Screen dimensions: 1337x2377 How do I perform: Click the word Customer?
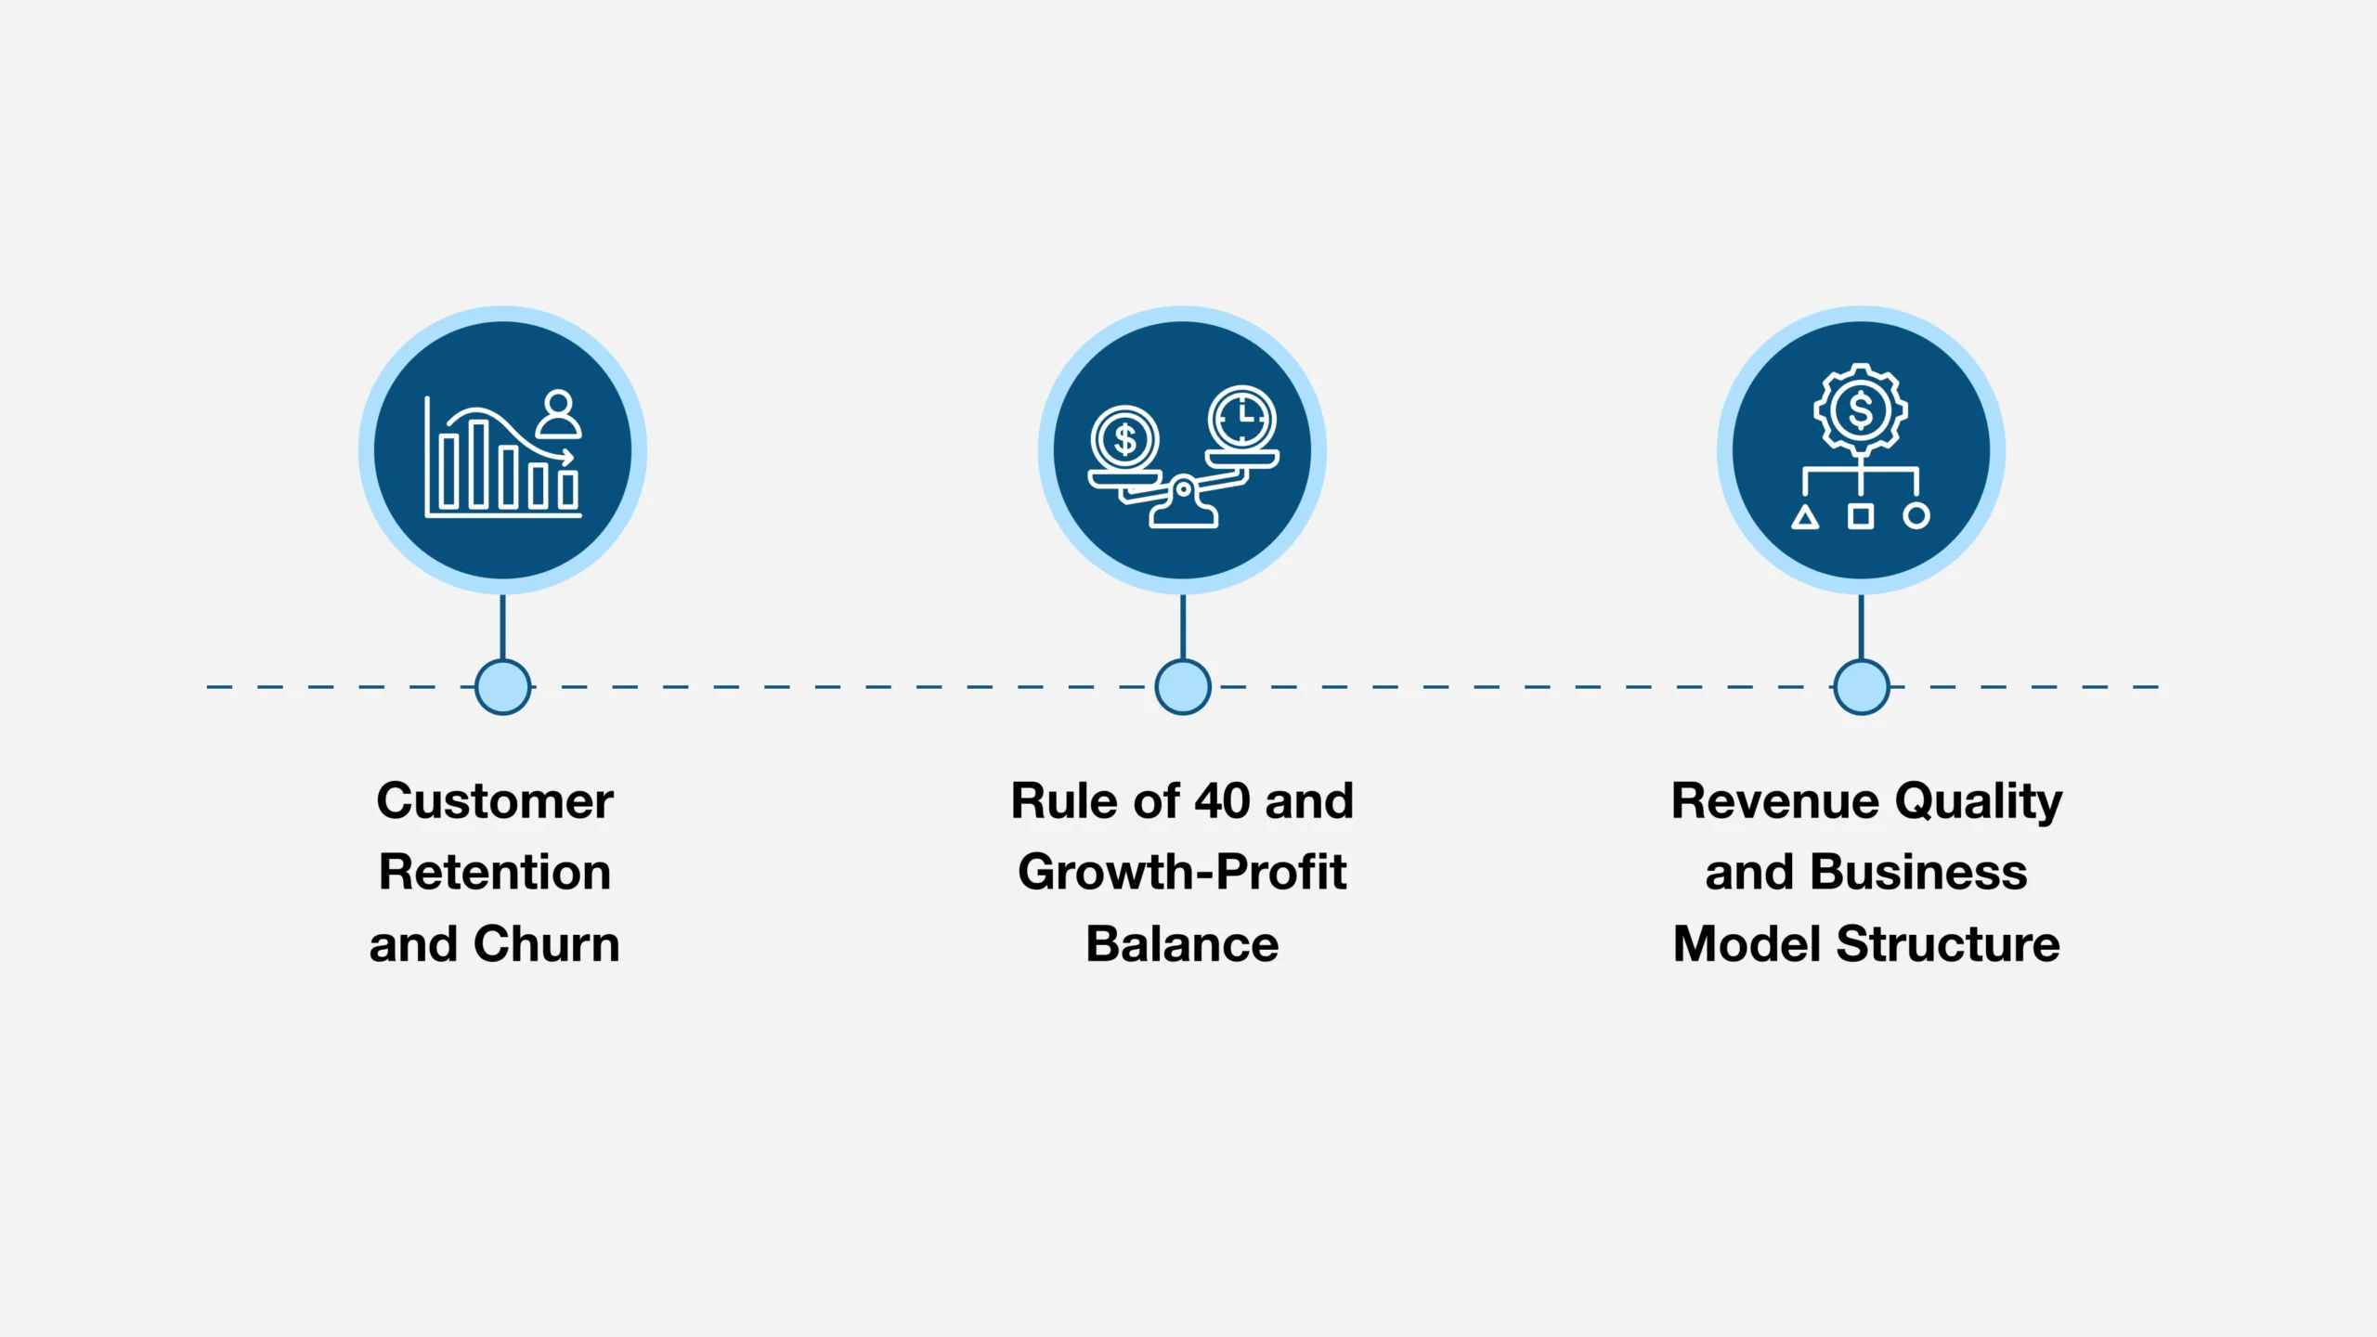tap(494, 801)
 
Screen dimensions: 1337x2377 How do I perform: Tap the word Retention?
tap(494, 873)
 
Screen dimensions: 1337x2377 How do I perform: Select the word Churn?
tap(546, 944)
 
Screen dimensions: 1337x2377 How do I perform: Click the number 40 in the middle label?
tap(1222, 801)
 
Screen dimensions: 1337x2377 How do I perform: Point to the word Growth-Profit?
tap(1182, 873)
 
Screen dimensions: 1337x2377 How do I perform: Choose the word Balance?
tap(1182, 944)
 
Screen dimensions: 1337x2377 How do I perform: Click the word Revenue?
tap(1774, 801)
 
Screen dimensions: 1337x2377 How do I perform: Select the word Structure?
tap(1948, 944)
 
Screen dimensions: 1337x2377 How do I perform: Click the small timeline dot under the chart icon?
tap(502, 687)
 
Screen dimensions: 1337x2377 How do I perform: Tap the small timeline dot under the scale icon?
tap(1182, 687)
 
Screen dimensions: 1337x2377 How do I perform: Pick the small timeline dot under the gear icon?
tap(1861, 687)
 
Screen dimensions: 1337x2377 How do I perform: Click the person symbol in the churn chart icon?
tap(558, 415)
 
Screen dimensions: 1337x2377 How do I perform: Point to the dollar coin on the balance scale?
tap(1124, 439)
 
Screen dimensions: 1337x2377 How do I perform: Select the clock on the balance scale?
tap(1241, 419)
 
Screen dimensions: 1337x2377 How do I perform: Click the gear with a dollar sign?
tap(1860, 409)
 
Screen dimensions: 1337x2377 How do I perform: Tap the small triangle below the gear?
tap(1804, 517)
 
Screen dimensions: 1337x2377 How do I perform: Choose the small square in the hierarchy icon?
tap(1860, 515)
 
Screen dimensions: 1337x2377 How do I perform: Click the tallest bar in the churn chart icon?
tap(478, 464)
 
